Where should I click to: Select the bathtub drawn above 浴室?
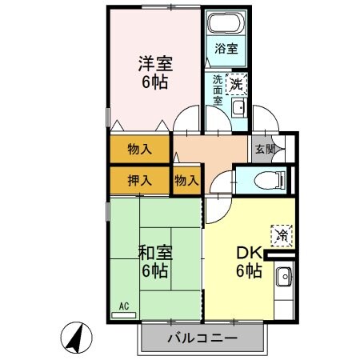tap(225, 22)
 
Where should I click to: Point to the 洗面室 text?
tap(218, 91)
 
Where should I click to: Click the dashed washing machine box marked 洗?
tap(238, 82)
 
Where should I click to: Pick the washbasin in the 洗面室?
tap(238, 107)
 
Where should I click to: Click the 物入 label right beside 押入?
tap(186, 181)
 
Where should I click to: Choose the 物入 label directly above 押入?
tap(139, 150)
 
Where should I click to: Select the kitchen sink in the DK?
tap(283, 280)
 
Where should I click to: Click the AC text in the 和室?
tap(124, 306)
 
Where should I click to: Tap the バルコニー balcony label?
tap(202, 338)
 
